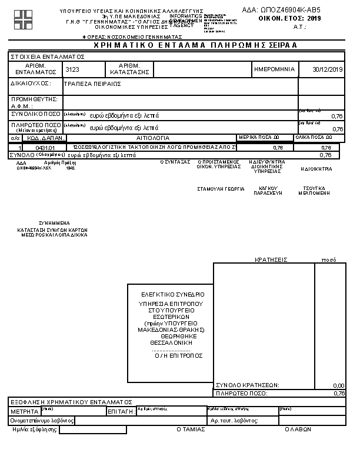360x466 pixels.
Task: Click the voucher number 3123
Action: click(72, 69)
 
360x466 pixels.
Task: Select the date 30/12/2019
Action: click(328, 69)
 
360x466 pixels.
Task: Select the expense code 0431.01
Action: click(45, 148)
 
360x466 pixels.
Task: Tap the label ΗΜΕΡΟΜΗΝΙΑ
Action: click(274, 69)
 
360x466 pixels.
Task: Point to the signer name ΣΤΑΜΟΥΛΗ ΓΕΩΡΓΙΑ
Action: click(221, 189)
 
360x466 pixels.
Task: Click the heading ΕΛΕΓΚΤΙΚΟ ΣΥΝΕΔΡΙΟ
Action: click(173, 294)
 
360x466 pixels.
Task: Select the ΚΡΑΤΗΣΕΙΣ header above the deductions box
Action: click(271, 259)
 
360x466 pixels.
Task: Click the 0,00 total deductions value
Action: click(338, 385)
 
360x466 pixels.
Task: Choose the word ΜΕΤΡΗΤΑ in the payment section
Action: click(24, 411)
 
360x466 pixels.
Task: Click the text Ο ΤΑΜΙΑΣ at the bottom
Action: click(191, 430)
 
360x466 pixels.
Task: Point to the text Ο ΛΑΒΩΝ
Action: click(298, 430)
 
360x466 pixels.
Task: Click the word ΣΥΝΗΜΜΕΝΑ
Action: click(54, 223)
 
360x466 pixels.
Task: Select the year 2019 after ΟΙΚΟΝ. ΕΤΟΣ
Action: click(315, 19)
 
